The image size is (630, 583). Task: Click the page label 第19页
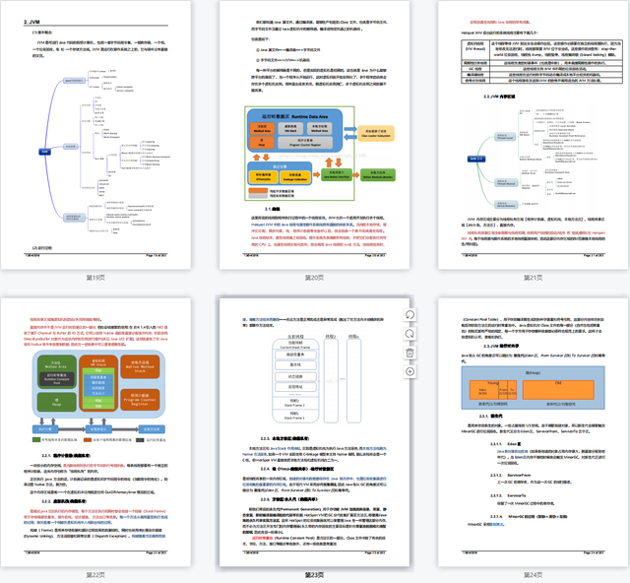click(x=95, y=278)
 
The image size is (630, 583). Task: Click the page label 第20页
click(x=314, y=278)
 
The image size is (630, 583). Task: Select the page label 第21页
click(x=534, y=278)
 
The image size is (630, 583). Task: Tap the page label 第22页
click(x=95, y=573)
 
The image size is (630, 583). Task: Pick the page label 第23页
click(x=314, y=573)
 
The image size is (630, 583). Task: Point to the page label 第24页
click(x=534, y=573)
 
